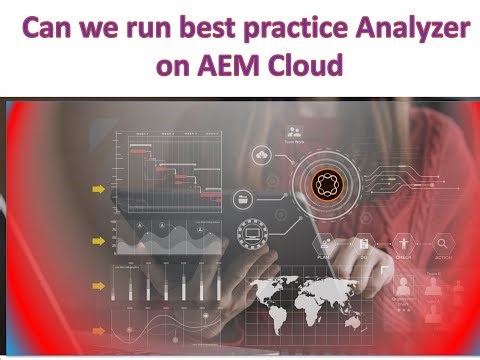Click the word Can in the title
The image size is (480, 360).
click(x=49, y=27)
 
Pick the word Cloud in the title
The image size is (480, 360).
click(x=306, y=65)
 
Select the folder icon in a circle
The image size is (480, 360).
click(x=243, y=199)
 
